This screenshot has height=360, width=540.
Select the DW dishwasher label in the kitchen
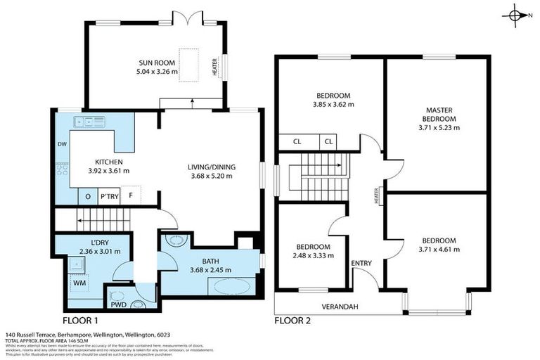pos(61,146)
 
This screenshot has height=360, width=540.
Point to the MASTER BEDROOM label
pos(438,115)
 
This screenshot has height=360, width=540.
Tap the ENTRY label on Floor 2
pos(361,264)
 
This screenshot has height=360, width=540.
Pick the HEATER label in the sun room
pos(215,67)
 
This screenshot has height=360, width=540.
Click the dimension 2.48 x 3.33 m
pos(313,256)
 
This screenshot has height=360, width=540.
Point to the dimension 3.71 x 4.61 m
pos(438,249)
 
